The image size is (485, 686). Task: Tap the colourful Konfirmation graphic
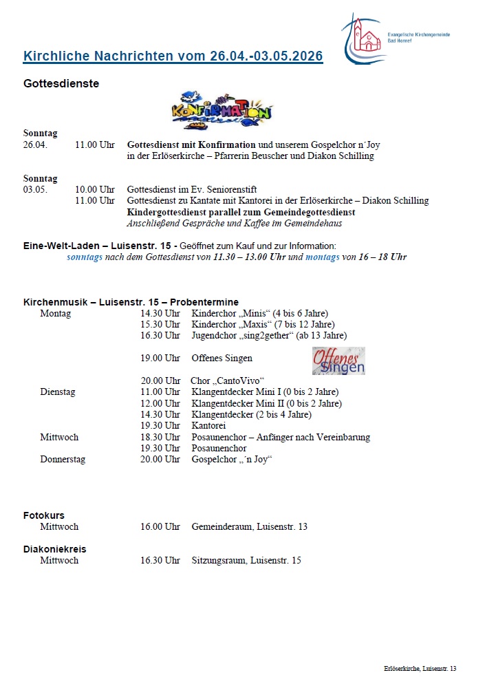coord(221,109)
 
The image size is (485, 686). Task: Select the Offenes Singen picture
coord(338,361)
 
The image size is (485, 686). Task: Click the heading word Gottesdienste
coord(61,84)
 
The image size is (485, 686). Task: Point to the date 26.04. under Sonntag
coord(35,145)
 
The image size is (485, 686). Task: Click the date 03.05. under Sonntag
coord(35,189)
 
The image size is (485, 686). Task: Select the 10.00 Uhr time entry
coord(95,189)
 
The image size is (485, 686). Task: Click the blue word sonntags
coord(87,257)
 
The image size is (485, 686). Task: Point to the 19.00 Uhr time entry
coord(160,358)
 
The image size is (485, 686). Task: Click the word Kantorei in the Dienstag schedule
coord(208,425)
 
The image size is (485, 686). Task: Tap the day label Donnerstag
coord(63,459)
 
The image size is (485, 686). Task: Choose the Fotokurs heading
coord(44,515)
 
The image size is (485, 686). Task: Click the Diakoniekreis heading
coord(55,549)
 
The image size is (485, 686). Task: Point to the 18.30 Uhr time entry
coord(160,437)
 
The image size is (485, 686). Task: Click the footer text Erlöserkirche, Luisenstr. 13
coord(420,669)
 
